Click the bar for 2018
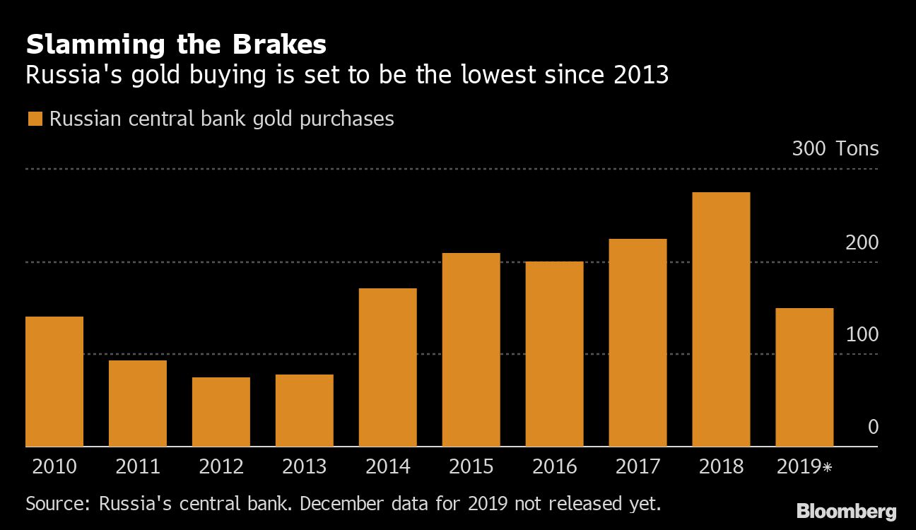click(x=721, y=319)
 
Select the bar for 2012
click(x=221, y=412)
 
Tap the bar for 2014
click(x=387, y=367)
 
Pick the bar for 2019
click(x=804, y=377)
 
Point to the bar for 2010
click(x=54, y=382)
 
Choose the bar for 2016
click(x=554, y=354)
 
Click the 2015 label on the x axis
click(x=471, y=467)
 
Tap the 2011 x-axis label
click(x=138, y=467)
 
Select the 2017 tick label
click(x=638, y=467)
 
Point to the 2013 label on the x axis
click(x=304, y=467)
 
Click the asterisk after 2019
click(x=827, y=467)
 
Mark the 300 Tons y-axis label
click(x=835, y=149)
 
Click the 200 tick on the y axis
click(x=862, y=242)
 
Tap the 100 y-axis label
click(x=862, y=334)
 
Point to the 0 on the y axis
click(x=873, y=427)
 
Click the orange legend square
click(x=35, y=119)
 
